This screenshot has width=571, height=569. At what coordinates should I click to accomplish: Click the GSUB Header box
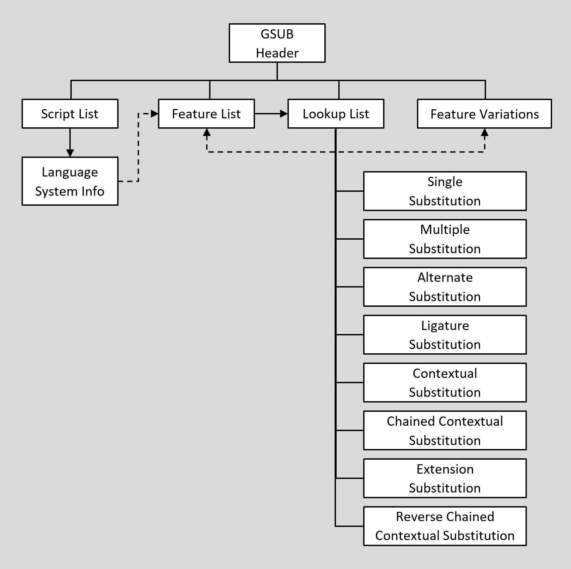277,43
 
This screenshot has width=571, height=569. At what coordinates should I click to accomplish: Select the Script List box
70,114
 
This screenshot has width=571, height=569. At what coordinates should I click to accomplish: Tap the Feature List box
206,114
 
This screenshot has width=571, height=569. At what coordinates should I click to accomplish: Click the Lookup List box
336,114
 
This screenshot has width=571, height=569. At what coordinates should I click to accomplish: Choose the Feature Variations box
484,114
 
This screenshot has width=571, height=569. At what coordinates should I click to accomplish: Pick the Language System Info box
70,181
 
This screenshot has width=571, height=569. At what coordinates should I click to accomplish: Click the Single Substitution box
445,191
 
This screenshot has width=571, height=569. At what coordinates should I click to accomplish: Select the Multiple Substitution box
445,239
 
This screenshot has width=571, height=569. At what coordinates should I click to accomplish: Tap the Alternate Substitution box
445,287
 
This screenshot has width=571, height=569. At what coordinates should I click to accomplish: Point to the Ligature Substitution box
445,335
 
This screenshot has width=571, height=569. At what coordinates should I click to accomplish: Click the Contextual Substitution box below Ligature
445,383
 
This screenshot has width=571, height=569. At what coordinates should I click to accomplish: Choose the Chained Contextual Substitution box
445,430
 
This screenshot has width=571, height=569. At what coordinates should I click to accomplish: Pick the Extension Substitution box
445,478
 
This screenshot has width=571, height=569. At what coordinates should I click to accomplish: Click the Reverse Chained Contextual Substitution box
445,526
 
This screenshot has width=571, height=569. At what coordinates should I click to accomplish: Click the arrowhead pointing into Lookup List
284,114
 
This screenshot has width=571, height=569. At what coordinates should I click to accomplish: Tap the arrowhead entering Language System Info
70,153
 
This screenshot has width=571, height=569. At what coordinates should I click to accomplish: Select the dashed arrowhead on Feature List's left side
155,114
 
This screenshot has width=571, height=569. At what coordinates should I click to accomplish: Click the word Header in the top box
277,53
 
